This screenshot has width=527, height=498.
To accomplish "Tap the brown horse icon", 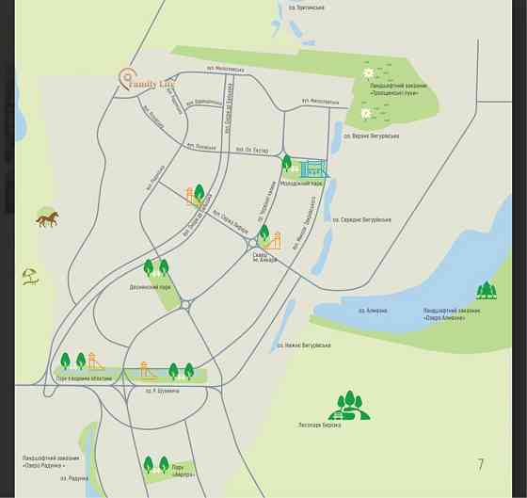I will tap(47, 219).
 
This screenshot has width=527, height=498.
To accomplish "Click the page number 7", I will tap(480, 464).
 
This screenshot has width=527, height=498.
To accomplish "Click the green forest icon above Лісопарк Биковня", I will tap(349, 405).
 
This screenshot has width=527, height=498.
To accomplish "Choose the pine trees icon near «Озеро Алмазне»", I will tap(486, 290).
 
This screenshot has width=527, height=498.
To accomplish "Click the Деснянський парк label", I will tap(150, 286).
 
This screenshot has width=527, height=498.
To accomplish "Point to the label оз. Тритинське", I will tap(307, 8).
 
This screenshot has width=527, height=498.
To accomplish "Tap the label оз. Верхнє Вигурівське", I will tap(372, 136).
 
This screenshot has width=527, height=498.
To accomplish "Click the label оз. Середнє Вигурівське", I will tap(362, 219).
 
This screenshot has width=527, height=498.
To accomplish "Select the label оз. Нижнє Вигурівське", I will tap(304, 345).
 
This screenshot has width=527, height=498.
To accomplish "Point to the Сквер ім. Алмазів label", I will tap(264, 257).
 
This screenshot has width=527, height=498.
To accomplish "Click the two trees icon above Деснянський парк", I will tap(156, 268).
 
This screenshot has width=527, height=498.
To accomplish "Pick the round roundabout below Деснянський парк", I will tap(185, 304).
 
